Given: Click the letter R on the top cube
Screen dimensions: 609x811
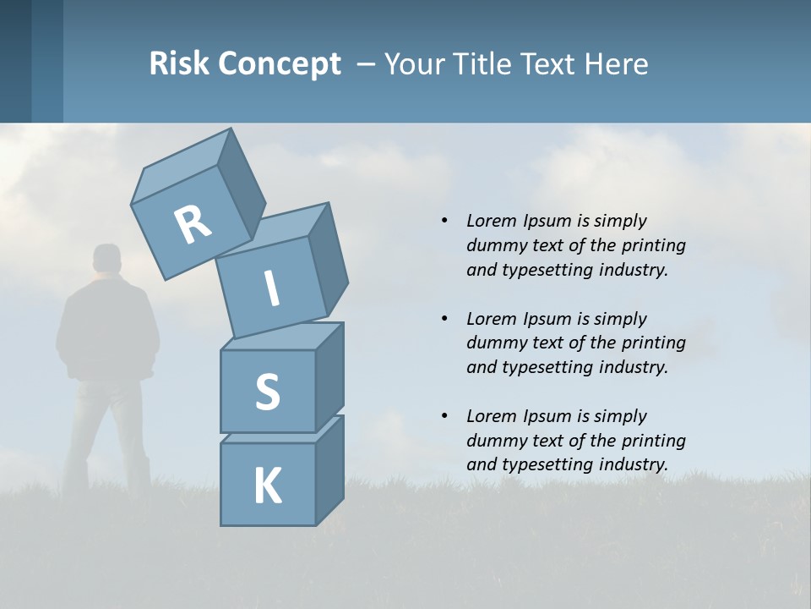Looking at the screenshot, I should click(x=193, y=225).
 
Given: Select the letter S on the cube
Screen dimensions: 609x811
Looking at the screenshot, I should click(x=267, y=392).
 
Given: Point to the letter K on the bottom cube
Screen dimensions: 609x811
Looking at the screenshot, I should click(x=267, y=486).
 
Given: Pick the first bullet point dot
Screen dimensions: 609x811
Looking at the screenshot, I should click(x=444, y=221).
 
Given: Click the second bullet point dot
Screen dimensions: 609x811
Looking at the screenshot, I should click(x=444, y=319).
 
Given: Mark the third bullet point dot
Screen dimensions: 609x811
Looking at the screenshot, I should click(x=444, y=416).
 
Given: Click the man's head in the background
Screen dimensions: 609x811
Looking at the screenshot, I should click(x=107, y=259).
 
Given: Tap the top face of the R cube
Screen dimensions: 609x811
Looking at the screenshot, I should click(x=182, y=167).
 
